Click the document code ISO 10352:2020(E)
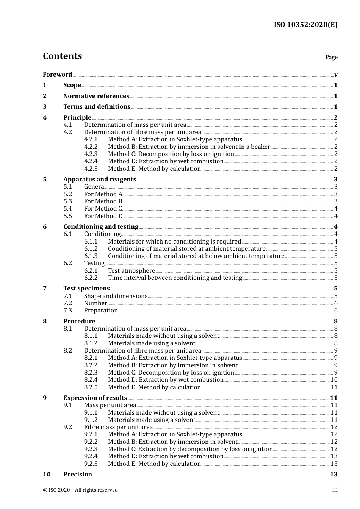pos(305,25)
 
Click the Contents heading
pos(62,56)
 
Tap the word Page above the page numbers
pos(331,57)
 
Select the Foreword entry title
pos(57,75)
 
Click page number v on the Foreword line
pos(336,75)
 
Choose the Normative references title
pos(96,96)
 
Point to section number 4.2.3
pos(91,154)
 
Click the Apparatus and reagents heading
pos(100,180)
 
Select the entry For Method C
pos(103,209)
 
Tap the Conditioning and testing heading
pos(101,227)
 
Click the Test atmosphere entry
pos(131,271)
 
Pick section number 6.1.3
pos(91,256)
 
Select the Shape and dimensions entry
pos(116,296)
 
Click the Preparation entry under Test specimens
pos(101,311)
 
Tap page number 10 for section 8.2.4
pos(334,380)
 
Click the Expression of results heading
pos(95,398)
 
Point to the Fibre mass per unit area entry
pos(118,427)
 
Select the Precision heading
pos(78,475)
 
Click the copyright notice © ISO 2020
pos(80,490)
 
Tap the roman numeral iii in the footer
pos(335,490)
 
